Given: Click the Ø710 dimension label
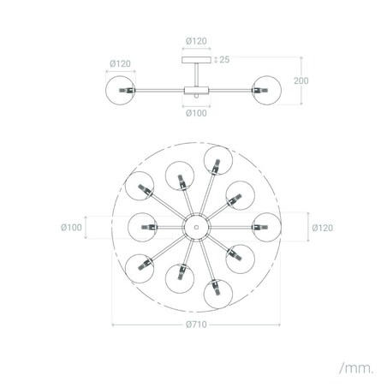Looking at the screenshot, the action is (x=196, y=324).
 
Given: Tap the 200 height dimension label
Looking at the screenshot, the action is (x=301, y=80).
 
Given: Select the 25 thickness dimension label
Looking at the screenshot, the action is (x=224, y=59).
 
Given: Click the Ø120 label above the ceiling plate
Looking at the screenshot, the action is (x=196, y=41).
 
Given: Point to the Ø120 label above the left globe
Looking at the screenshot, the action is (x=120, y=63).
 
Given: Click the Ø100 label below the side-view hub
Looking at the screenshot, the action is (x=196, y=113).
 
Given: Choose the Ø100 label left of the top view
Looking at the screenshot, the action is (x=71, y=228).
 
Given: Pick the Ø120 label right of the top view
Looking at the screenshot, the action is (x=323, y=228).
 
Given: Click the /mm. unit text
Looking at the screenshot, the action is (x=356, y=368).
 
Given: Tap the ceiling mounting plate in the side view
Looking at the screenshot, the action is (x=196, y=60).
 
